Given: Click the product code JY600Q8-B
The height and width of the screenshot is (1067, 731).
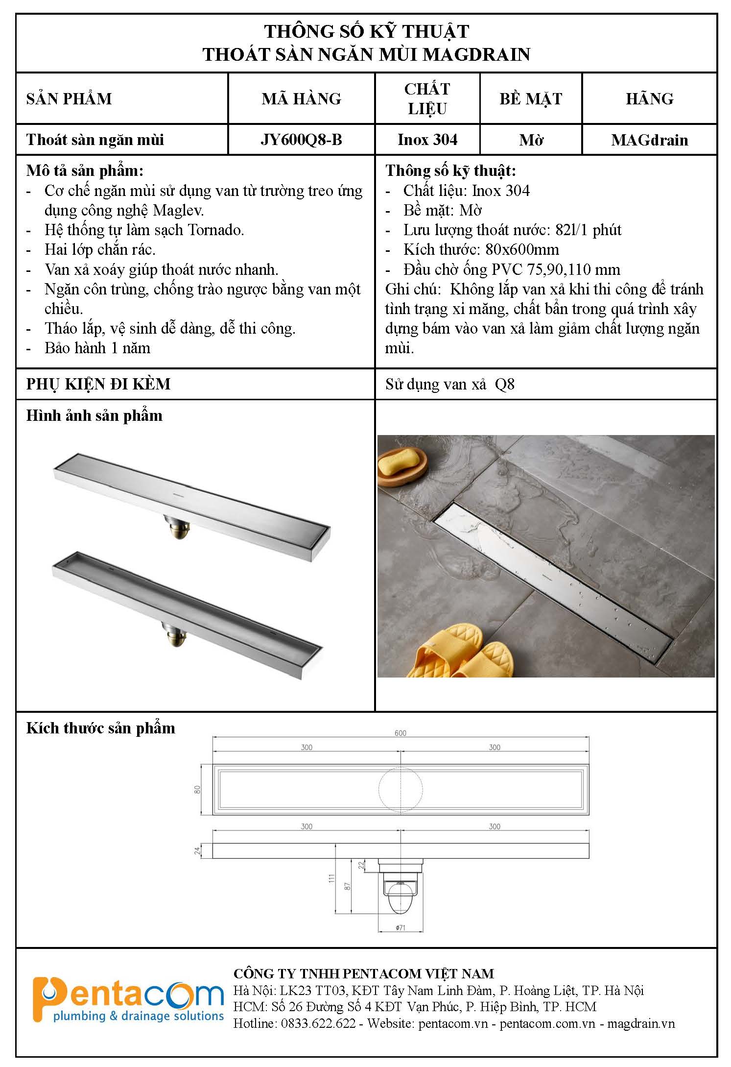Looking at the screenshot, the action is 301,140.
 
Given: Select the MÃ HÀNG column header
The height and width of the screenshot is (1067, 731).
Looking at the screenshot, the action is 301,98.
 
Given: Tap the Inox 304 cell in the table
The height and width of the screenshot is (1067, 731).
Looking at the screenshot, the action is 427,140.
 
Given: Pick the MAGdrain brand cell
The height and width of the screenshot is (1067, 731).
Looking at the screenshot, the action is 649,140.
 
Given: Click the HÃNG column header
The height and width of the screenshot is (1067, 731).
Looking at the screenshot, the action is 649,98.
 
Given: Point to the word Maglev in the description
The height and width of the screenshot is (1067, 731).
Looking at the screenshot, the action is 178,211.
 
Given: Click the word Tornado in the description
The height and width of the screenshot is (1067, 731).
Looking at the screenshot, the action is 216,230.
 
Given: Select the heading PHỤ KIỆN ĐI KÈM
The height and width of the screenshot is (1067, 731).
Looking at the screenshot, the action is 98,384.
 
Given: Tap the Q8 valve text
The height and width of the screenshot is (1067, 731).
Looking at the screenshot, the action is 505,384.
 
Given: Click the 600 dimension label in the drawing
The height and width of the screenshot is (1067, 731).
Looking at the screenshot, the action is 401,733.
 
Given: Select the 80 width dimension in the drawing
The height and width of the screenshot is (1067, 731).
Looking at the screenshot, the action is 198,789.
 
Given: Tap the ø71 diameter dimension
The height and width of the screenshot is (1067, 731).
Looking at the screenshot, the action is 400,927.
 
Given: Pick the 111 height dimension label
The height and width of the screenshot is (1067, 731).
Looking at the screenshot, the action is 331,878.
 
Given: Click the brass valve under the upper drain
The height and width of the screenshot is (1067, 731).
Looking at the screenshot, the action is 178,527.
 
